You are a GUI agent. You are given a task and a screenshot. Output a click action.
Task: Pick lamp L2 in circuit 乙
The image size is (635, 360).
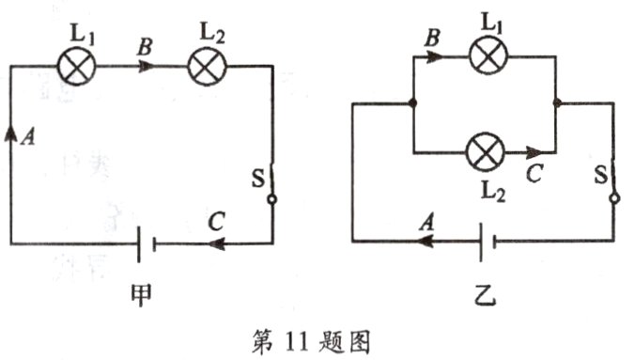(x=486, y=149)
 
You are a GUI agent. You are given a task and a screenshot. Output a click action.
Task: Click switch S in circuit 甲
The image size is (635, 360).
(x=271, y=183)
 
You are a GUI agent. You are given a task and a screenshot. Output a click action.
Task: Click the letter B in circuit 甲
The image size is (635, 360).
(x=144, y=45)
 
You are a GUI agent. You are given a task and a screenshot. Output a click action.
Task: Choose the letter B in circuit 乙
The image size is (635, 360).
(x=434, y=39)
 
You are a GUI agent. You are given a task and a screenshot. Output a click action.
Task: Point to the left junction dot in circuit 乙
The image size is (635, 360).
(x=414, y=102)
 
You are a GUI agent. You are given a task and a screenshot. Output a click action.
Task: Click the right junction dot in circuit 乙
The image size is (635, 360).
(x=557, y=102)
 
